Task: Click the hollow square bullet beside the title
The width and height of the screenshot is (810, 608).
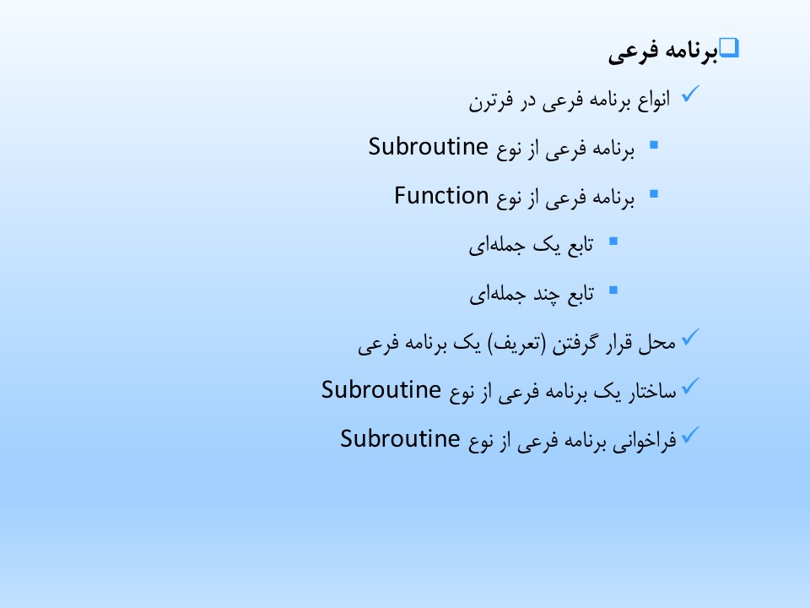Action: click(729, 47)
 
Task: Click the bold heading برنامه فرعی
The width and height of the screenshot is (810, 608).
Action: click(663, 51)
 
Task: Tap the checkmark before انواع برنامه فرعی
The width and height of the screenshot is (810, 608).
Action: click(690, 94)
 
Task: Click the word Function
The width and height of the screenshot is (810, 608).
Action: click(441, 196)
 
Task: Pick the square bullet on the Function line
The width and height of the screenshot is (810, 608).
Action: click(654, 194)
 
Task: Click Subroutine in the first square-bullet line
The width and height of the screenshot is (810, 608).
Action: click(428, 147)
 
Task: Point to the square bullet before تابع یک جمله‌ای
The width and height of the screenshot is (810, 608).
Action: click(613, 241)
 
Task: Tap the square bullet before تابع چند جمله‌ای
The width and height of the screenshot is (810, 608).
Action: click(613, 290)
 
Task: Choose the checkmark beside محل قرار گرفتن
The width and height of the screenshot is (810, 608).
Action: click(690, 337)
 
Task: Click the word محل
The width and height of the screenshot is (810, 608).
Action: click(656, 343)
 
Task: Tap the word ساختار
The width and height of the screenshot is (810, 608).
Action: click(652, 391)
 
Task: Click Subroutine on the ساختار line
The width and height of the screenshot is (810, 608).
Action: click(381, 390)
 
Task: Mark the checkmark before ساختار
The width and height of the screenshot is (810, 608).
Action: click(690, 386)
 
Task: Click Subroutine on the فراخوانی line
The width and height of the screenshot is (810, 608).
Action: click(400, 439)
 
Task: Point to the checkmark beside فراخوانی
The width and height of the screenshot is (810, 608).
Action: click(690, 436)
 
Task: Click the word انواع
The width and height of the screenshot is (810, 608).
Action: click(653, 99)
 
